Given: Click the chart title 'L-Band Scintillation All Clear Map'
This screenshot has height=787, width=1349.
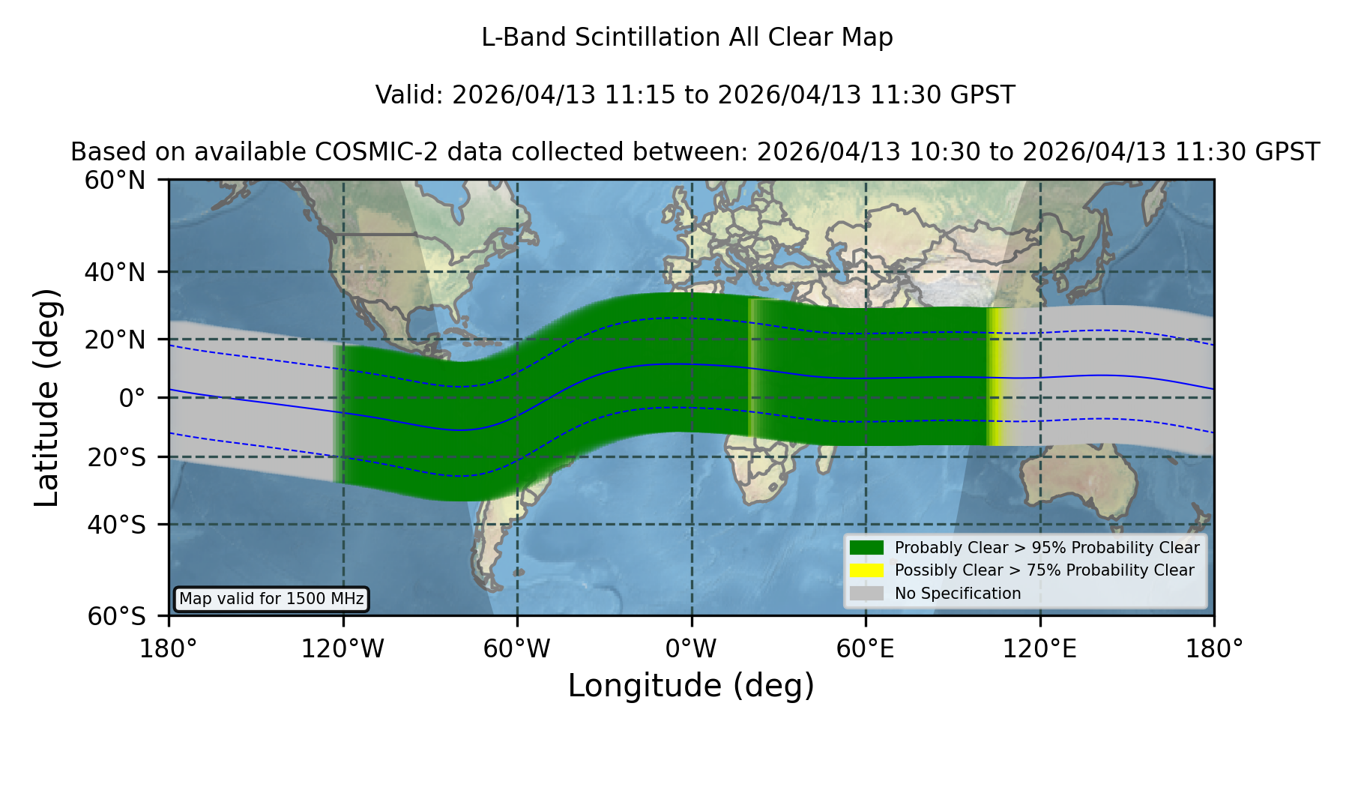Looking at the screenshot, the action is pos(686,37).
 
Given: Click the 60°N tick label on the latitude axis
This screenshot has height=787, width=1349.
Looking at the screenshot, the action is pos(115,181).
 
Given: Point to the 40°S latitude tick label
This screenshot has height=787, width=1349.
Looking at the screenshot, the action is pos(116,525).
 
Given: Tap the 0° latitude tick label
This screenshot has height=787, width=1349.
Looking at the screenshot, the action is pos(132,398).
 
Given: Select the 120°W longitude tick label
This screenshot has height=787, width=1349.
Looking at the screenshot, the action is pos(342,649).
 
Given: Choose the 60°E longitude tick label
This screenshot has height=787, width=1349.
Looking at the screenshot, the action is pos(865,649).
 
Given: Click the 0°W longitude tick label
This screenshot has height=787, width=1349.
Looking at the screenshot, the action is pos(691,649).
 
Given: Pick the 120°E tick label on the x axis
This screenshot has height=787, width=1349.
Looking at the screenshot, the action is pos(1039,649).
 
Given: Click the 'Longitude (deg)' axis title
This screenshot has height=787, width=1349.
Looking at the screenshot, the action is pos(691,686).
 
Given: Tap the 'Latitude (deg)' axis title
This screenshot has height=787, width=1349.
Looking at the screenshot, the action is pos(47,397).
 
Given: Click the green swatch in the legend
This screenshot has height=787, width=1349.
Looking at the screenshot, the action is pos(866,547).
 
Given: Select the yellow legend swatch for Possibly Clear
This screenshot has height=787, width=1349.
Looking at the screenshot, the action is pos(866,570).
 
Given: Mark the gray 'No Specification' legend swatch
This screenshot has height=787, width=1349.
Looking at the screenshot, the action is pos(866,594).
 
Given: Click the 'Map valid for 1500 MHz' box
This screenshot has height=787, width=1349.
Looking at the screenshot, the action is pos(271,599).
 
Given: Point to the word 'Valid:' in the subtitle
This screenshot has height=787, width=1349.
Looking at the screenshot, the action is pos(410,95).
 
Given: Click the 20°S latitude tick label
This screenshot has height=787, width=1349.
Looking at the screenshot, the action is pos(116,457).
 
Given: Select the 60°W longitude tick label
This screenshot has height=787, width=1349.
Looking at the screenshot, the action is pos(516,649).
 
